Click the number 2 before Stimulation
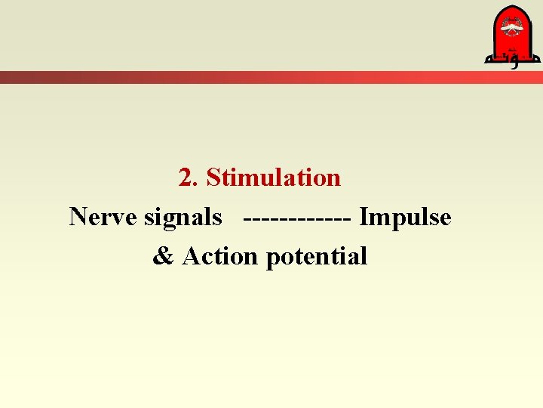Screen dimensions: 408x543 pyautogui.click(x=186, y=178)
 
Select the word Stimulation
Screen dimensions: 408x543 pyautogui.click(x=273, y=178)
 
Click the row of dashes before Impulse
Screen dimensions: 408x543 pyautogui.click(x=297, y=218)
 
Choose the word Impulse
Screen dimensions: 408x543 pyautogui.click(x=405, y=218)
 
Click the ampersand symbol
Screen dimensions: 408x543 pyautogui.click(x=163, y=257)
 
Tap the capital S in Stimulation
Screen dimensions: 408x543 pyautogui.click(x=213, y=178)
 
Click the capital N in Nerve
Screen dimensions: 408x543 pyautogui.click(x=77, y=218)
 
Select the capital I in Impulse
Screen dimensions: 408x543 pyautogui.click(x=364, y=218)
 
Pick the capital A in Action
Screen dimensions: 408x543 pyautogui.click(x=190, y=257)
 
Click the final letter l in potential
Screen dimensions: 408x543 pyautogui.click(x=364, y=257)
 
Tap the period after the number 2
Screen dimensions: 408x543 pyautogui.click(x=195, y=184)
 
